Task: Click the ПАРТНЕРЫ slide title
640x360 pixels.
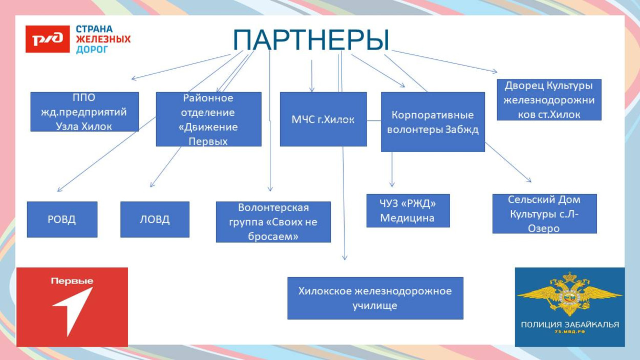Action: click(311, 40)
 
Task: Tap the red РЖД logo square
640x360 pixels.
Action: click(47, 39)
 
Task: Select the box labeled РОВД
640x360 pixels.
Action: click(62, 219)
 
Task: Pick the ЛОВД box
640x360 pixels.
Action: click(155, 219)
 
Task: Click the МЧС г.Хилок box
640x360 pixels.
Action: click(323, 119)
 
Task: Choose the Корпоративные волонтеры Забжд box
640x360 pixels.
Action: click(433, 122)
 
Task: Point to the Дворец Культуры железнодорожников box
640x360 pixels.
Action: click(549, 100)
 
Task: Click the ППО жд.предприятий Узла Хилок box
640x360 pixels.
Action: click(84, 112)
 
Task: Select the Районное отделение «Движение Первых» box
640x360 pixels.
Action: click(208, 119)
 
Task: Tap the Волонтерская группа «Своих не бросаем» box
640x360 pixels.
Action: click(273, 222)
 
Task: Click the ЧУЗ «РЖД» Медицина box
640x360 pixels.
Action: click(408, 210)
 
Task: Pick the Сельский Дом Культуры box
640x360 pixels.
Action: click(544, 214)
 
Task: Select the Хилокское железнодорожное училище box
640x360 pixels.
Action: click(375, 298)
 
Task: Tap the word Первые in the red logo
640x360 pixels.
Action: click(72, 281)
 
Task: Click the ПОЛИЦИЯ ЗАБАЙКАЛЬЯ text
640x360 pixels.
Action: click(569, 325)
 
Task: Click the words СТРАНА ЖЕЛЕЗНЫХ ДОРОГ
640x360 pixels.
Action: click(102, 39)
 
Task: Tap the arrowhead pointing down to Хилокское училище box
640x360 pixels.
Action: click(345, 257)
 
